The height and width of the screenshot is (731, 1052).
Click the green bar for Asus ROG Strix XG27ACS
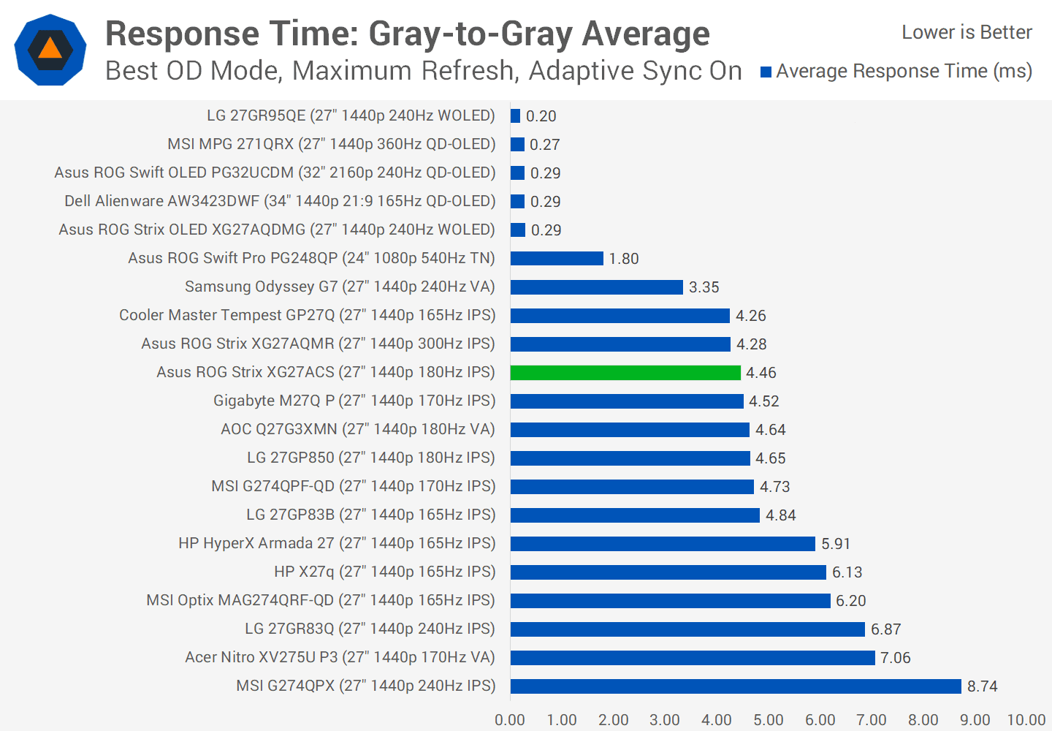pyautogui.click(x=625, y=373)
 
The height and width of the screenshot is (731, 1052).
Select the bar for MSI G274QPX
pyautogui.click(x=736, y=686)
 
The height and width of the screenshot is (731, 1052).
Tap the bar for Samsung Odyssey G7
pyautogui.click(x=597, y=287)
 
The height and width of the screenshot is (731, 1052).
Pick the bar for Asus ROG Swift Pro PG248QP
pyautogui.click(x=557, y=259)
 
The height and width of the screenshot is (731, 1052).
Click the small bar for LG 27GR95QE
pyautogui.click(x=516, y=116)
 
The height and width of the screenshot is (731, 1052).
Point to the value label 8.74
pyautogui.click(x=982, y=686)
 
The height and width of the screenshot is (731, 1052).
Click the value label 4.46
pyautogui.click(x=761, y=373)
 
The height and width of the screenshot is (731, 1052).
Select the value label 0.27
pyautogui.click(x=544, y=145)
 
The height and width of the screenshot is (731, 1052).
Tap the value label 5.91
pyautogui.click(x=836, y=544)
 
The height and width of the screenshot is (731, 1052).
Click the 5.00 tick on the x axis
pyautogui.click(x=769, y=720)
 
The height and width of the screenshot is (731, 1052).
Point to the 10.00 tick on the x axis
pyautogui.click(x=1026, y=720)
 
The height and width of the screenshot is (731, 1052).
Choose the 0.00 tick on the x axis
pyautogui.click(x=510, y=720)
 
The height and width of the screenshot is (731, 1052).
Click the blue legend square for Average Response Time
pyautogui.click(x=766, y=72)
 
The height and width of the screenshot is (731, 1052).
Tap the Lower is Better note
pyautogui.click(x=967, y=32)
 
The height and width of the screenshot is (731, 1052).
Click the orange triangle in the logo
pyautogui.click(x=50, y=49)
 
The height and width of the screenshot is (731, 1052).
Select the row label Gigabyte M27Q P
pyautogui.click(x=354, y=401)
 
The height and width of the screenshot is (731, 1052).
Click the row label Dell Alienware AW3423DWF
pyautogui.click(x=280, y=201)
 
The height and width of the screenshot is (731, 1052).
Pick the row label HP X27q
pyautogui.click(x=384, y=572)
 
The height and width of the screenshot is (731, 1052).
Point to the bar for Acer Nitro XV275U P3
pyautogui.click(x=693, y=658)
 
